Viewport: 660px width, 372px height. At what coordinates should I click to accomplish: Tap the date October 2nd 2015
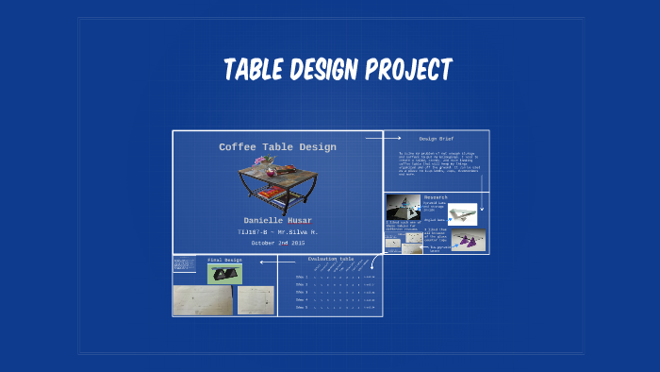point(277,243)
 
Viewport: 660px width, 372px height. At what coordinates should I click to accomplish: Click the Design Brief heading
point(437,137)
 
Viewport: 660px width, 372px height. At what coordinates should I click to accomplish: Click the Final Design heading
point(224,260)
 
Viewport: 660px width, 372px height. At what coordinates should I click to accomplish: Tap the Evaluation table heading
point(331,258)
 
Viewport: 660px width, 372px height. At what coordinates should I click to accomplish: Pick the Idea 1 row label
point(302,277)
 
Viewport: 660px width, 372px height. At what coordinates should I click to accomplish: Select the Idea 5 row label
point(302,307)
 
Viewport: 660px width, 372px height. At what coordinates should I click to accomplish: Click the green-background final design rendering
point(224,273)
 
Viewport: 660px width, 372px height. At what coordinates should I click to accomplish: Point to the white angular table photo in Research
point(462,214)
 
